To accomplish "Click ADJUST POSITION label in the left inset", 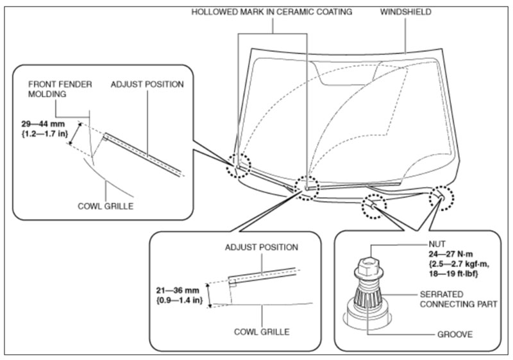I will tap(147, 84).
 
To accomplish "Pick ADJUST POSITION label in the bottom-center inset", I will tap(262, 247).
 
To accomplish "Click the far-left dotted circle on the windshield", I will tap(239, 165).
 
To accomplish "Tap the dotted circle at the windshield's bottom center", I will tap(306, 187).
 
